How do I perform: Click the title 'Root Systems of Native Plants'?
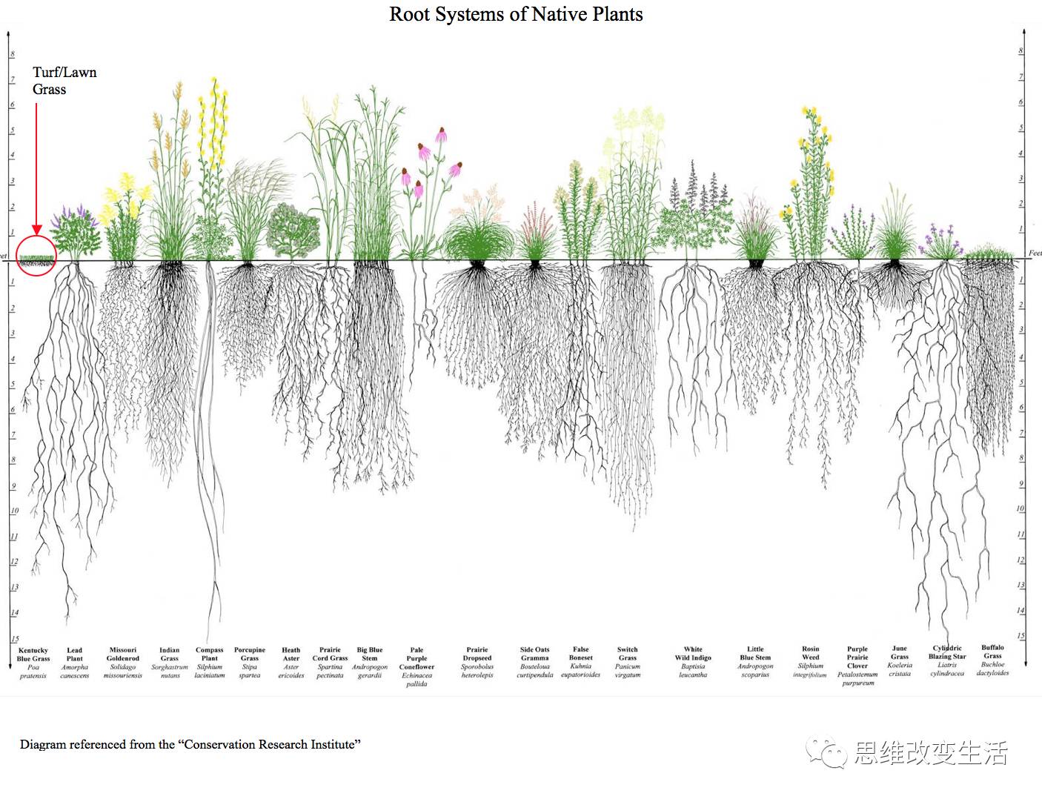(516, 14)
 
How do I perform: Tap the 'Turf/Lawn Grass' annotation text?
(64, 81)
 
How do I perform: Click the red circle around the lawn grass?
(36, 255)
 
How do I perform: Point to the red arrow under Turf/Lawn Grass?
(36, 170)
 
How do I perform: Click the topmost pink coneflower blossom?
(441, 135)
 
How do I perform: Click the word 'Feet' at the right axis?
(1035, 253)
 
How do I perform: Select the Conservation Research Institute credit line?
(190, 744)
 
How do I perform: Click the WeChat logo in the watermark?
(827, 753)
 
